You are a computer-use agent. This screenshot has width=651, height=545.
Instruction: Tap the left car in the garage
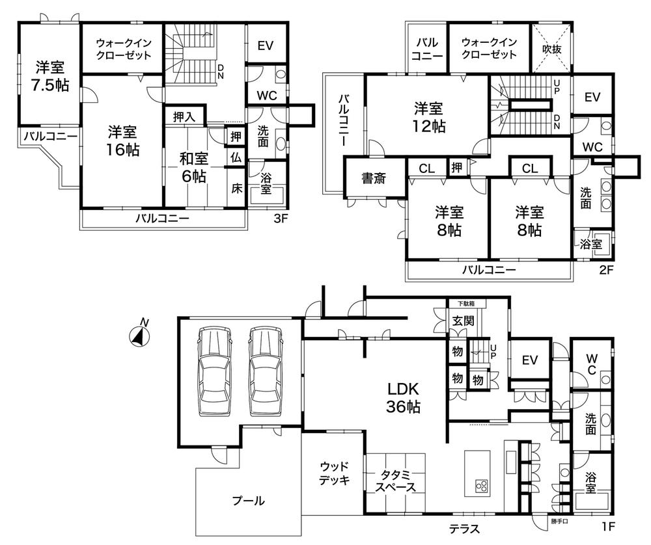214,372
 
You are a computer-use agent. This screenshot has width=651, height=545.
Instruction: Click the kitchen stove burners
481,485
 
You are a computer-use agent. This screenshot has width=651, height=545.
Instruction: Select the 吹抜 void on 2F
551,49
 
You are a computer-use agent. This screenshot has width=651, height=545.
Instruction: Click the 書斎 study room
374,178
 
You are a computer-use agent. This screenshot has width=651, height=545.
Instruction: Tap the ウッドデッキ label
334,474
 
